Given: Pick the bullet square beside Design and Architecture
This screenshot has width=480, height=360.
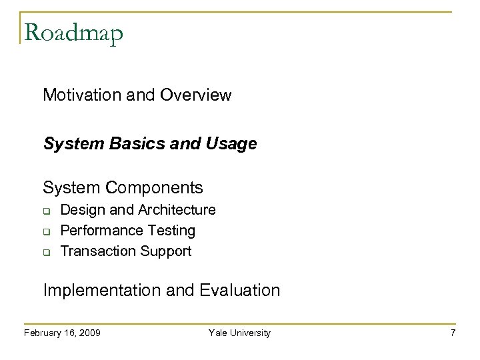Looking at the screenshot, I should [47, 211].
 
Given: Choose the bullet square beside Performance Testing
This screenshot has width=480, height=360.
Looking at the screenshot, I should [47, 231].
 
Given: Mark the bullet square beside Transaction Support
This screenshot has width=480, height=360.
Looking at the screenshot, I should [47, 251].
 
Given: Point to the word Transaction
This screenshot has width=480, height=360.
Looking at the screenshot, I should [97, 251].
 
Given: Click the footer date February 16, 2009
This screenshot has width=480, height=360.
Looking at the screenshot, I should [62, 333].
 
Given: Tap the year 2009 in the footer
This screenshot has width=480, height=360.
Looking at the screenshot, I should [89, 333].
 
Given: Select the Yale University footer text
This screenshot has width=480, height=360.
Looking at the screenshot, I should [240, 333].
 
